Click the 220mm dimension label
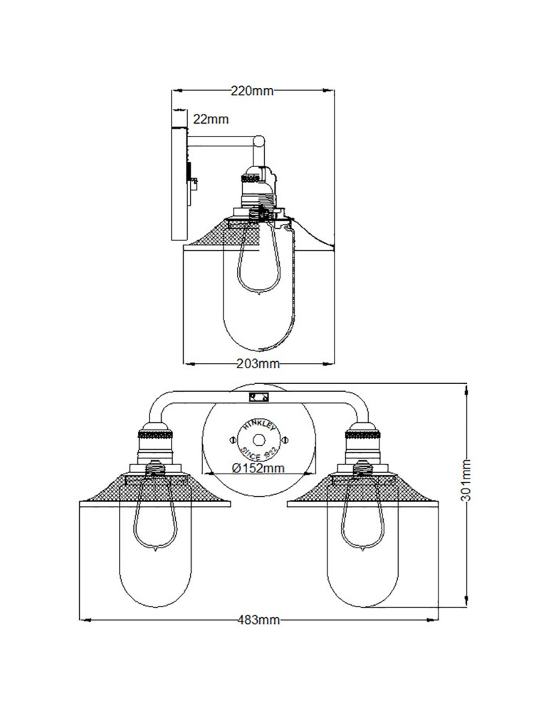pos(252,90)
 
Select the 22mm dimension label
pos(210,119)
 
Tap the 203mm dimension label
pos(258,364)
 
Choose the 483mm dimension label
pos(258,619)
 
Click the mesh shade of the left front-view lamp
pos(114,490)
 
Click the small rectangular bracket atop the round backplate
pos(257,395)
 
